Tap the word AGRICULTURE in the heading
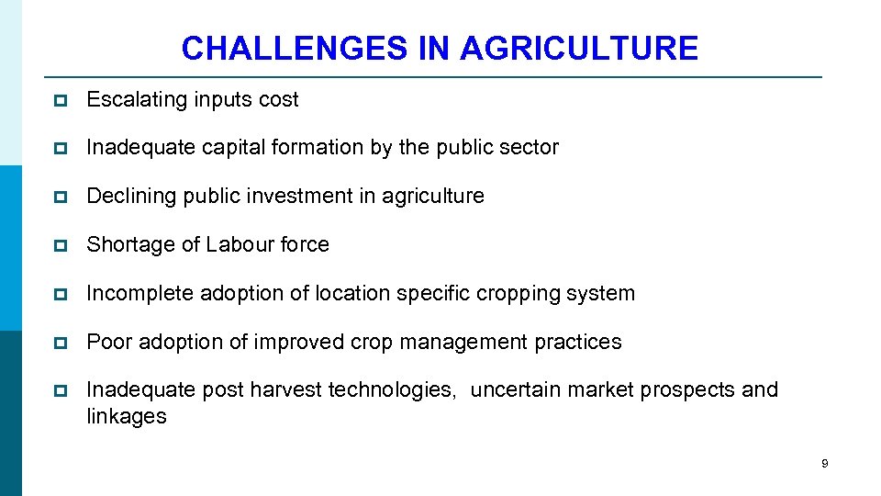pyautogui.click(x=579, y=48)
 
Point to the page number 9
pyautogui.click(x=824, y=464)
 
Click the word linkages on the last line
pyautogui.click(x=127, y=416)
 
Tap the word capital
pyautogui.click(x=234, y=148)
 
